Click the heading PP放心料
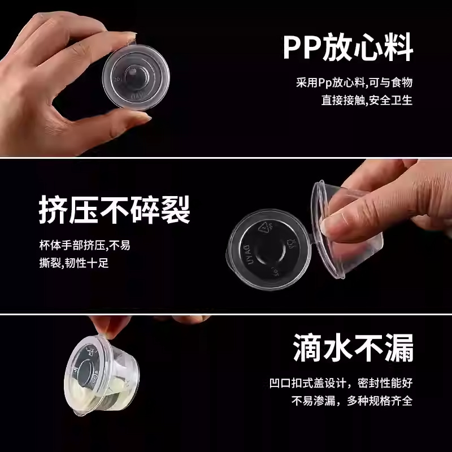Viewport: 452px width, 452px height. [x=348, y=47]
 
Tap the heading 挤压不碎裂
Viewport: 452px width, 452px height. [x=115, y=210]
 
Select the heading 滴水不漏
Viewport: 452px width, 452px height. [x=354, y=347]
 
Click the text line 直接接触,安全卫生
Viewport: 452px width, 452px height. [x=367, y=101]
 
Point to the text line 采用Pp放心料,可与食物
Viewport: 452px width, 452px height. [x=354, y=82]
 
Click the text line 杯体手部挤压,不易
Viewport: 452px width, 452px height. [x=85, y=245]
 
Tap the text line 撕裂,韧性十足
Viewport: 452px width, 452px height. [x=74, y=263]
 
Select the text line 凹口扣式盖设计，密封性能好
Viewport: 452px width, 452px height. [x=341, y=383]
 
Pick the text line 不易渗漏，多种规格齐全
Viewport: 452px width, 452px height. [x=352, y=401]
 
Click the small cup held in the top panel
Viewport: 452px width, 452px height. [x=136, y=77]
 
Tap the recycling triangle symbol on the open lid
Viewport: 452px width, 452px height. [x=264, y=228]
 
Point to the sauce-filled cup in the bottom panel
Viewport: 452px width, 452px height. [x=101, y=374]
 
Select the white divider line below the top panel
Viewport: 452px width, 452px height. [x=226, y=158]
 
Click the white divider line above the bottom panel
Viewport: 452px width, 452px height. [x=226, y=314]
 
